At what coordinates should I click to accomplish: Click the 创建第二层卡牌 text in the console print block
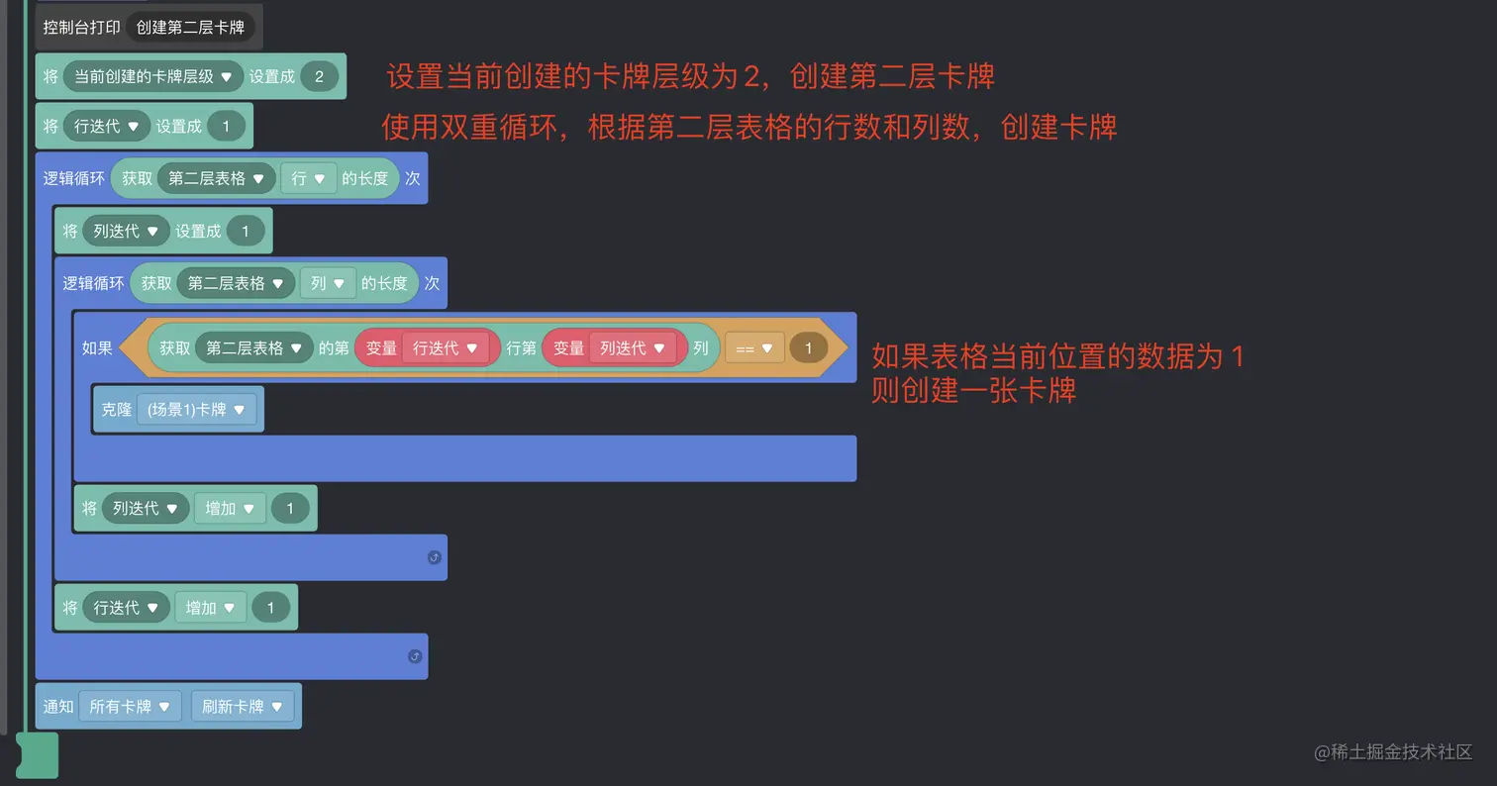coord(190,28)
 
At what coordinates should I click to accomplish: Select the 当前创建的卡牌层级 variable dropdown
coord(153,76)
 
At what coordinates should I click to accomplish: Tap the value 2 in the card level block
coord(319,76)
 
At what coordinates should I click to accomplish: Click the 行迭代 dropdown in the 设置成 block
coord(107,126)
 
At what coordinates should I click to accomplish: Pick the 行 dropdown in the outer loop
coord(309,178)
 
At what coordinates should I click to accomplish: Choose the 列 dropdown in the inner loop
coord(328,283)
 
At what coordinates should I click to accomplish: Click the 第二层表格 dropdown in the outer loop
coord(216,178)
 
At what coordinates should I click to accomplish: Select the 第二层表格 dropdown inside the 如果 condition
coord(254,348)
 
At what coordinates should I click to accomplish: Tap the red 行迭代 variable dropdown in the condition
coord(445,348)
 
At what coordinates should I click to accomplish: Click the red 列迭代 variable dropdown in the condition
coord(632,348)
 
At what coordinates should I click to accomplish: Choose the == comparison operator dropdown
coord(753,348)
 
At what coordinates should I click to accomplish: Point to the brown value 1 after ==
coord(809,348)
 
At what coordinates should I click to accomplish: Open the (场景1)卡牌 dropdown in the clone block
coord(196,410)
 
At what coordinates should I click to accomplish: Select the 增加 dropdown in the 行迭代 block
coord(210,608)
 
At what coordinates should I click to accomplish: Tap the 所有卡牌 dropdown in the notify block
coord(130,707)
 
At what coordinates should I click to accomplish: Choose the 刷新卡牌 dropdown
coord(243,707)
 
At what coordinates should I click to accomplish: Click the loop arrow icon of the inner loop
coord(434,557)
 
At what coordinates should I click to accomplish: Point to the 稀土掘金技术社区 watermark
coord(1393,752)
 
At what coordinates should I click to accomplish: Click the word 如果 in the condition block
coord(97,348)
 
